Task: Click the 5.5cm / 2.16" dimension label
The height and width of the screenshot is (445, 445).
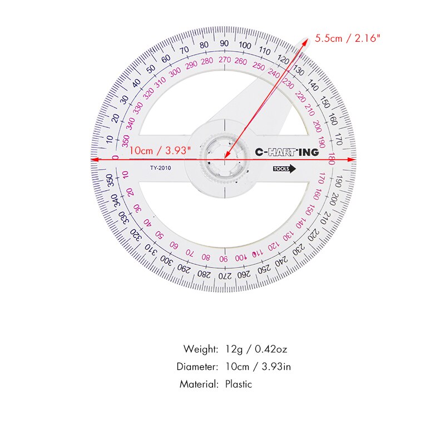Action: (x=348, y=38)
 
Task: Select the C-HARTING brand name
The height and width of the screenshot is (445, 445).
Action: (x=286, y=152)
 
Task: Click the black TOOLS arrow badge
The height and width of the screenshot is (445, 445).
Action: (x=284, y=170)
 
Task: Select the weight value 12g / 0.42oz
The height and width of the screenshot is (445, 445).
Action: (x=256, y=349)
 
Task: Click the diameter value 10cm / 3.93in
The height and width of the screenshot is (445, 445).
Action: (x=258, y=367)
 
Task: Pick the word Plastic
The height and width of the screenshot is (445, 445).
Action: (x=239, y=384)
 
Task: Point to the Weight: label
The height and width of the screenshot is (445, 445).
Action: (x=201, y=349)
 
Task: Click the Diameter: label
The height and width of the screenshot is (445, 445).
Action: (x=197, y=367)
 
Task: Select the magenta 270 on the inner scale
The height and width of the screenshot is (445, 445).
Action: (x=224, y=60)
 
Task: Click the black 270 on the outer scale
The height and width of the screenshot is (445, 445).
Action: (x=224, y=275)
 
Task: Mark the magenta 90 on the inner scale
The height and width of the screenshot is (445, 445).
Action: (x=223, y=259)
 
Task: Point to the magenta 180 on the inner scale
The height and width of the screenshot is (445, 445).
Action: (x=332, y=159)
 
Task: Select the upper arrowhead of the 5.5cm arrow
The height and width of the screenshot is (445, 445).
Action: (x=308, y=41)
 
